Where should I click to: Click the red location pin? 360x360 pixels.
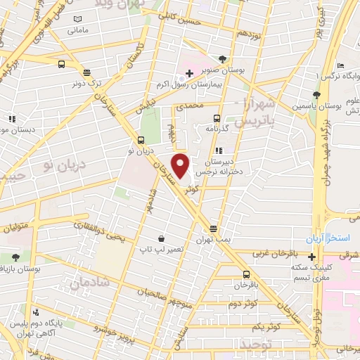click(181, 166)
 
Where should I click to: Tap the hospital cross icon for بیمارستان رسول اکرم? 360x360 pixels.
click(189, 73)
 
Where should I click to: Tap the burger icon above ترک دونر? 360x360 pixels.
click(86, 72)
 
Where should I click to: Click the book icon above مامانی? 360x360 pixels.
click(77, 18)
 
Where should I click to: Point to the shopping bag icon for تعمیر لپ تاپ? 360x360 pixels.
click(162, 239)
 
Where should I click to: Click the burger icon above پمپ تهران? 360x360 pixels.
click(214, 229)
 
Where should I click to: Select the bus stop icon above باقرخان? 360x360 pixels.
click(246, 275)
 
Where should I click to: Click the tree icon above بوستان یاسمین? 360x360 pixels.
click(318, 95)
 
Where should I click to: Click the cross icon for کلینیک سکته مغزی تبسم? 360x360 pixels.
click(311, 256)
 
